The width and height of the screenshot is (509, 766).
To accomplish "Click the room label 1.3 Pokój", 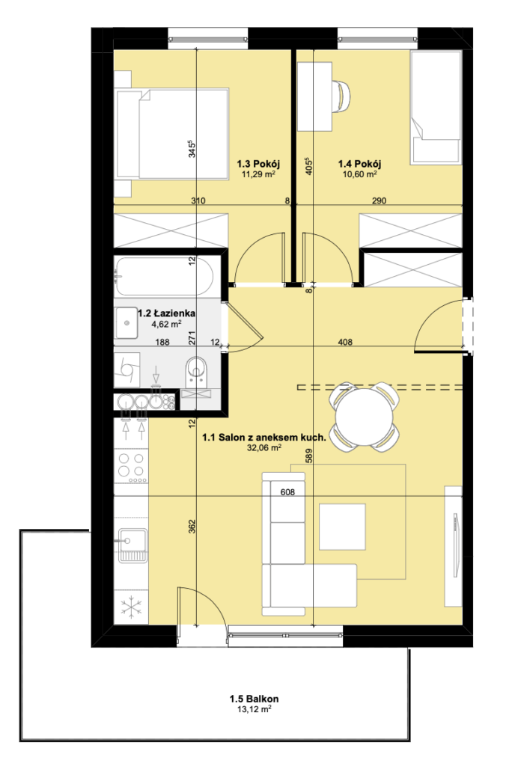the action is (x=258, y=164).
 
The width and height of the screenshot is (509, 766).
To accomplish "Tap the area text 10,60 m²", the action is (x=359, y=174).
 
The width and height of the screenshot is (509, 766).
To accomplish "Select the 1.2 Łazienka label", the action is (x=167, y=313).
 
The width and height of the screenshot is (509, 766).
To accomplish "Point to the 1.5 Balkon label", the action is (x=254, y=699).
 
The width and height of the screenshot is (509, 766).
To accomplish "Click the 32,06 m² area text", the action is (x=264, y=447).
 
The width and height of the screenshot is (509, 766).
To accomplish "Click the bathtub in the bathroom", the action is (x=164, y=277).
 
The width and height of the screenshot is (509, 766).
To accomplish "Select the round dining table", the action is (x=365, y=415).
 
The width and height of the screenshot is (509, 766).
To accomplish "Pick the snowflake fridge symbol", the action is (x=130, y=607).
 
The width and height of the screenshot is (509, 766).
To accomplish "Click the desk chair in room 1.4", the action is (x=342, y=96).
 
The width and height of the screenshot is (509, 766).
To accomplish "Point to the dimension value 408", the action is (x=345, y=342).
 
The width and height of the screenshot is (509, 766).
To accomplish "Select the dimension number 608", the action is (x=287, y=492).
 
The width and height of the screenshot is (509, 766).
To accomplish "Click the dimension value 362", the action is (x=192, y=526).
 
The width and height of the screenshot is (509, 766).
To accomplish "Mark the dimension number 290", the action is (x=379, y=200).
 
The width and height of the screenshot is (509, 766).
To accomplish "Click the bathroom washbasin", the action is (x=127, y=322).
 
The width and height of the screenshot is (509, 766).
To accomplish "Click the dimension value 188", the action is (x=162, y=342).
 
